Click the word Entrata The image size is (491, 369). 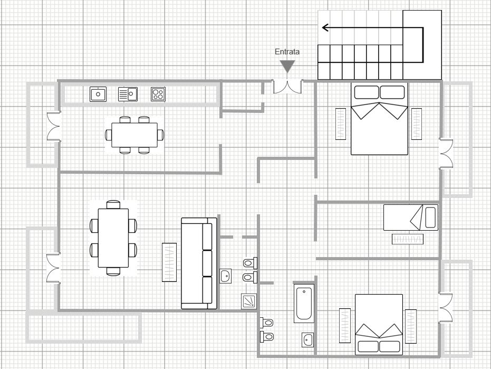[x=287, y=52]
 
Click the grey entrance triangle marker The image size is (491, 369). [x=287, y=67]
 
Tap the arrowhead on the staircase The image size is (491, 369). [x=325, y=28]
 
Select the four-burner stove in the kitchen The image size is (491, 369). [x=158, y=94]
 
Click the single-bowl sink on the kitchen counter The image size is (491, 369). [x=98, y=94]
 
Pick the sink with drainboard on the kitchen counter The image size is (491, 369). [x=128, y=94]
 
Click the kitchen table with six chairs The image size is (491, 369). [x=134, y=135]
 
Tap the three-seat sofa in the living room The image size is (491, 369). [x=199, y=263]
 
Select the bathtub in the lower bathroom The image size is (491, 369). [x=304, y=303]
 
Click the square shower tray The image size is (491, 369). [x=249, y=301]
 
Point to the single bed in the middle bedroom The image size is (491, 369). [x=411, y=217]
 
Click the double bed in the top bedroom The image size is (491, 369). [x=380, y=119]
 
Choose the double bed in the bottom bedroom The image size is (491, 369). [x=379, y=325]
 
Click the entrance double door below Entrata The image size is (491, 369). [x=287, y=87]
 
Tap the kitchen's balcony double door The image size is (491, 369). [x=54, y=126]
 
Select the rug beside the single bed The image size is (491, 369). [x=408, y=239]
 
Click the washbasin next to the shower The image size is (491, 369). [x=226, y=276]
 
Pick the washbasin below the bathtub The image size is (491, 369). [x=308, y=340]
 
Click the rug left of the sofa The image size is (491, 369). [x=169, y=262]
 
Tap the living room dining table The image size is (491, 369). [x=113, y=238]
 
